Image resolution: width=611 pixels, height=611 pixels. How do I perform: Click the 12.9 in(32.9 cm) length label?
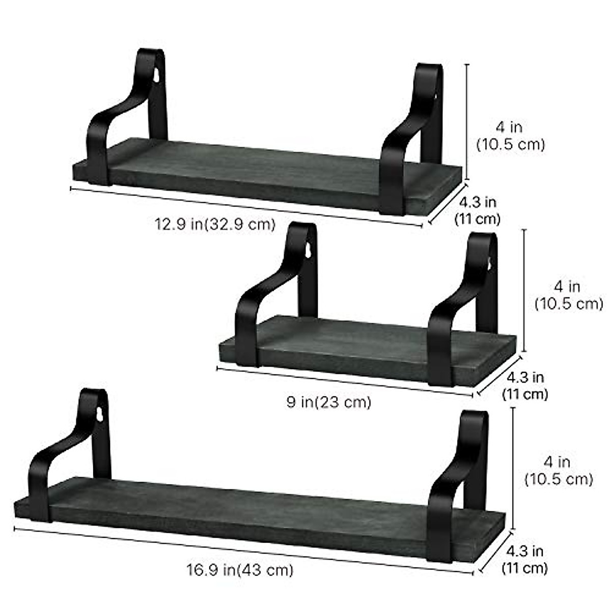coord(215,225)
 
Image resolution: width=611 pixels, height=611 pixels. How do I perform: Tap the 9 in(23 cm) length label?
coord(329,402)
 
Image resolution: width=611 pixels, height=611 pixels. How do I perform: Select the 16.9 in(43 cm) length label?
coord(240,569)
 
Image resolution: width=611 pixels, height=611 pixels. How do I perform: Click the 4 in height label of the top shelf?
coord(511,136)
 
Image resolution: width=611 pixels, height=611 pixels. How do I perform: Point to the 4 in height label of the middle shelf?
coord(569,295)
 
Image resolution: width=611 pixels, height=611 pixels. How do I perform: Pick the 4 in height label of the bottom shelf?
coord(559,470)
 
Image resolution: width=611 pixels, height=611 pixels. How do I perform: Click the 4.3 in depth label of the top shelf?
coord(478,210)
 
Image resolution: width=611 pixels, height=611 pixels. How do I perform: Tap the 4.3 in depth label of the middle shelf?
coord(525,385)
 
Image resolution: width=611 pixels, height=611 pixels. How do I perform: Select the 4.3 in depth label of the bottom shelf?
coord(525,559)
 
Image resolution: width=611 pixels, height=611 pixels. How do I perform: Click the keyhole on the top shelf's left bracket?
coord(157,75)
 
